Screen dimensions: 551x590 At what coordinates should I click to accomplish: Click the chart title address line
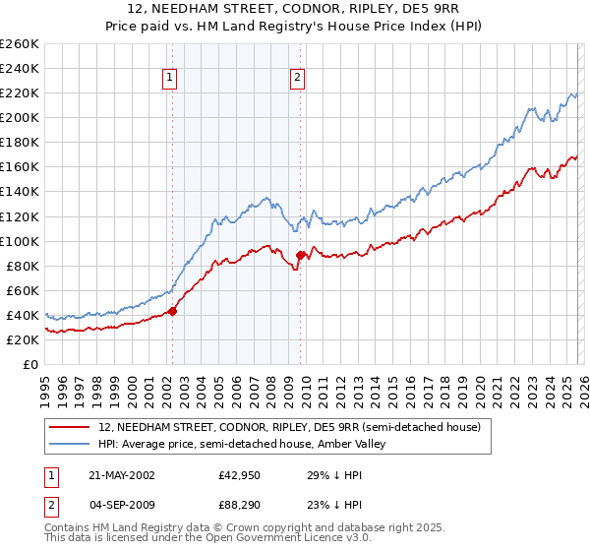(295, 9)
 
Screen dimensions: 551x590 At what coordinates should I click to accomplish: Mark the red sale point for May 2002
(172, 311)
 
